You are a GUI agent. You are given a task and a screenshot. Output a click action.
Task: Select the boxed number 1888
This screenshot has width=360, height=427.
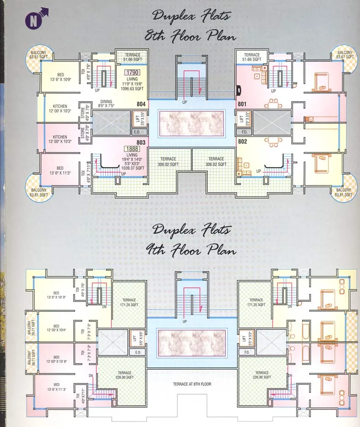coord(132,149)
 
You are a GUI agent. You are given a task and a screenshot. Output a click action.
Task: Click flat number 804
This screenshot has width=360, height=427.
coord(141,104)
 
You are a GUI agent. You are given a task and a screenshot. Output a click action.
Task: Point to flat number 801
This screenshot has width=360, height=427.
coord(242,104)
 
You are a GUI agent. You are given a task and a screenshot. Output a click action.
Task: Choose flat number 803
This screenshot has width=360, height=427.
coord(141,142)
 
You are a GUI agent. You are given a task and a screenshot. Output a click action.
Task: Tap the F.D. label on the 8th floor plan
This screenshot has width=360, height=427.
coord(245,131)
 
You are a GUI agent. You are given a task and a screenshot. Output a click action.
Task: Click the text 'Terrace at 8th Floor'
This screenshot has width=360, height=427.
coord(192,384)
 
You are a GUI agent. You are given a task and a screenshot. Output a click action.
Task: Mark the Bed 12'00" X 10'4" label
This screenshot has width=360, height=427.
coord(56,328)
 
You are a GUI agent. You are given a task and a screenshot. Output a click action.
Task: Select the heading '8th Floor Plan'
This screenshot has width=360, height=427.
coord(190,35)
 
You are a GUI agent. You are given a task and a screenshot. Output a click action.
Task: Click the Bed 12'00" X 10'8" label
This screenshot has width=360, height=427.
coord(56,360)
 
